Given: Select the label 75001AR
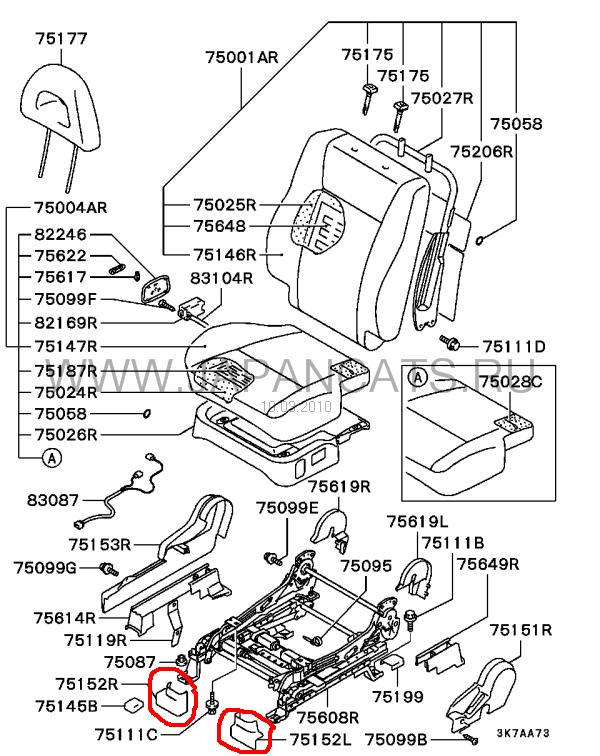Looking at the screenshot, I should click(x=241, y=58).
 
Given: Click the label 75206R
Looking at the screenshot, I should click(x=480, y=152).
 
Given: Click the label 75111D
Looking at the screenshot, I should click(x=514, y=347).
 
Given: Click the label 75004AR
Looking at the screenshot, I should click(x=70, y=208).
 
